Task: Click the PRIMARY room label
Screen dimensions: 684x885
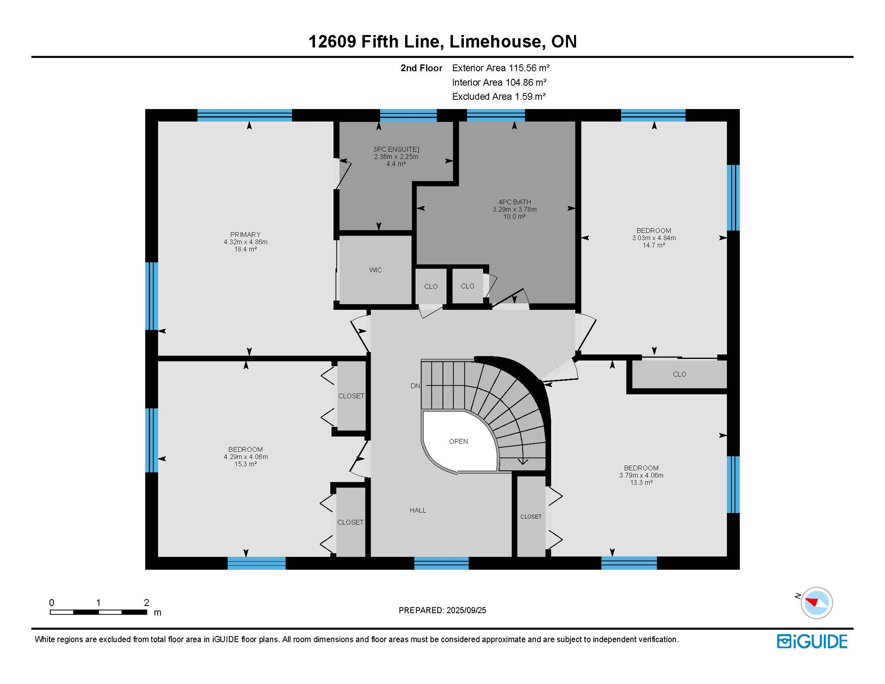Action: tap(245, 235)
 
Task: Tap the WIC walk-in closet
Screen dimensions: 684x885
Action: tap(375, 270)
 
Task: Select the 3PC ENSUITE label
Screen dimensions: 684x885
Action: tap(396, 150)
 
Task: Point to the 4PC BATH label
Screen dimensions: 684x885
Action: tap(514, 202)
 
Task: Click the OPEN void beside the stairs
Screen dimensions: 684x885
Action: tap(458, 441)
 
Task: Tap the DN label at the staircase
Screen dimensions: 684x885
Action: tap(415, 386)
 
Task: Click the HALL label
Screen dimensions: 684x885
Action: tap(418, 510)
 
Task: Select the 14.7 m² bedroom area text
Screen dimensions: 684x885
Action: tap(654, 245)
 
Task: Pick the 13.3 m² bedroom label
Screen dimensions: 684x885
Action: tap(641, 483)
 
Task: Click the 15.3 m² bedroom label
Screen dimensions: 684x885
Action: tap(245, 464)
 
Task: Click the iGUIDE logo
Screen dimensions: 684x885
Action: tap(812, 641)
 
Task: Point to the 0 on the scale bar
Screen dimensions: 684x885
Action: tap(52, 603)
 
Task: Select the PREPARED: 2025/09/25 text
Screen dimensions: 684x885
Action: tap(442, 611)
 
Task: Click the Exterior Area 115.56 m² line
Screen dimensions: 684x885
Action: tap(500, 68)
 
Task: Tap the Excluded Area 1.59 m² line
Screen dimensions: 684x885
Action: tap(499, 97)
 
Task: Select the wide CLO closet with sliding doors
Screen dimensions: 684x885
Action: tap(679, 375)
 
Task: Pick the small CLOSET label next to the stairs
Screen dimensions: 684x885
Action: tap(531, 517)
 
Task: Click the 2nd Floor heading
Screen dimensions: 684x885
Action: tap(421, 68)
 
